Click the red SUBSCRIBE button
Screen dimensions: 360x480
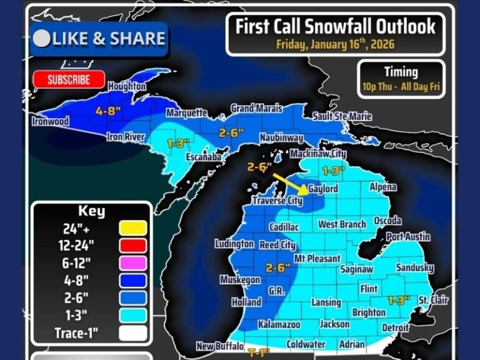click(68, 79)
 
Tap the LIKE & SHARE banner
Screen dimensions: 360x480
click(100, 39)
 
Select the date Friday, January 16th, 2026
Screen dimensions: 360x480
click(335, 44)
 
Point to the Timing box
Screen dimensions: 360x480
click(401, 79)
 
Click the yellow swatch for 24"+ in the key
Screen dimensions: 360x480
click(133, 228)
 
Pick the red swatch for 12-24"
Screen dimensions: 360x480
click(133, 246)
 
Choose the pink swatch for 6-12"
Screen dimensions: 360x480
click(133, 263)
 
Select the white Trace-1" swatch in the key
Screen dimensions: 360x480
click(133, 333)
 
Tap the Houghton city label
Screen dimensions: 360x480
click(127, 86)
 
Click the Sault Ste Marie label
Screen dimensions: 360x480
click(342, 116)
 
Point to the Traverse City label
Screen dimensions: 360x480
click(277, 201)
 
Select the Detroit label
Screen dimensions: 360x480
click(395, 327)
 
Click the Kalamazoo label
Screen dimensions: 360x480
click(279, 325)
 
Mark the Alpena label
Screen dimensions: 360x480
click(382, 187)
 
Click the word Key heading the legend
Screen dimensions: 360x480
click(91, 211)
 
